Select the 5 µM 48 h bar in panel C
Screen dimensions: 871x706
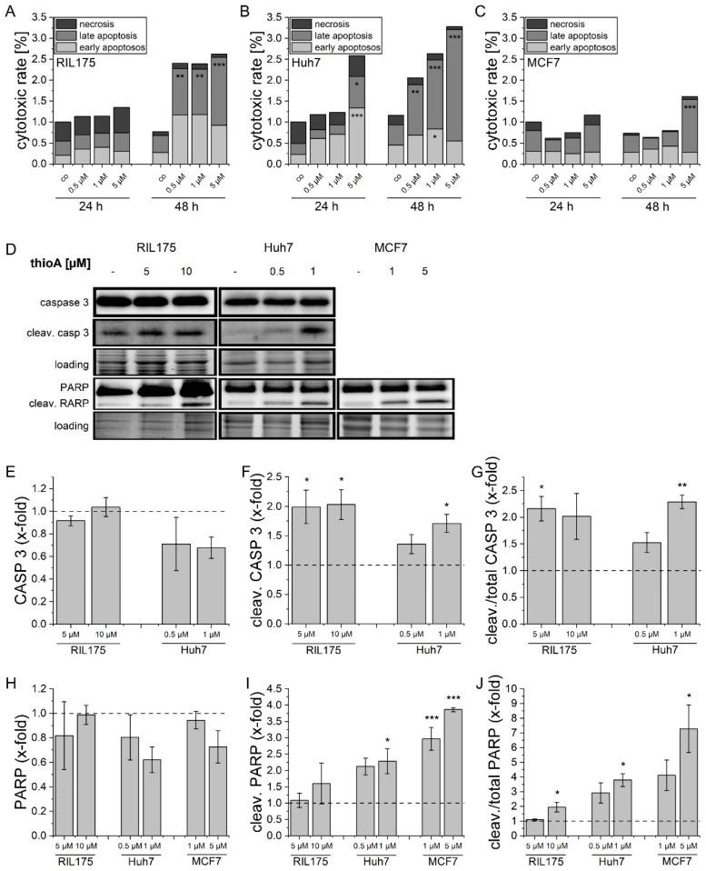tap(689, 129)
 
